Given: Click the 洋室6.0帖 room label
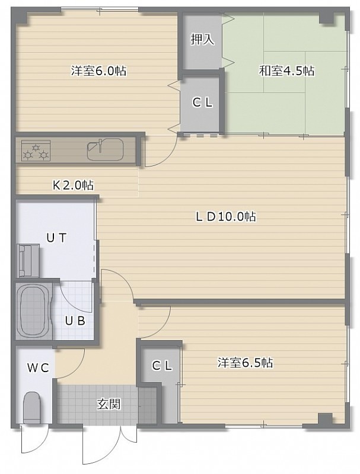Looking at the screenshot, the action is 98,71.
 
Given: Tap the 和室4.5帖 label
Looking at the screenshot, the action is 286,71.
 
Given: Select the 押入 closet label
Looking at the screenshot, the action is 202,39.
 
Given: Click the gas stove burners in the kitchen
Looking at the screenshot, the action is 36,150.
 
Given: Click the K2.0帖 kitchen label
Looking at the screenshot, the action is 73,185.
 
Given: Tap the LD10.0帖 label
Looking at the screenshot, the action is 226,216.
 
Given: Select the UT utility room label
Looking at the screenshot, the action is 56,238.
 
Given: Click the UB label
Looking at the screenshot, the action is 75,321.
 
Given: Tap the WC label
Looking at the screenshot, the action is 38,368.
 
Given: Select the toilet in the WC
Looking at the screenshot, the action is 32,408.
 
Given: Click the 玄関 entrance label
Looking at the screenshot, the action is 109,404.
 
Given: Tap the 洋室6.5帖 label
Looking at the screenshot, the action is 245,363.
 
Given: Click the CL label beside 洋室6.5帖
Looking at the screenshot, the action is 162,366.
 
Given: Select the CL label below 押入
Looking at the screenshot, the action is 202,103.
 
